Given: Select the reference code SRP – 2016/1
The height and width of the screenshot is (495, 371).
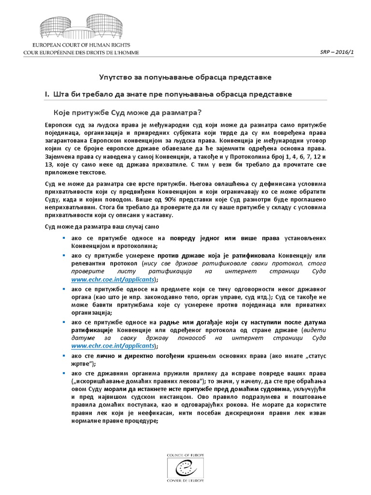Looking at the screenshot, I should [338, 51].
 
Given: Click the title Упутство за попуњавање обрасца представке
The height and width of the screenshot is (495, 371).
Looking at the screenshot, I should [185, 77].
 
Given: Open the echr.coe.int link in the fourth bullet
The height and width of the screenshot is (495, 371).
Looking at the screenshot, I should [114, 346].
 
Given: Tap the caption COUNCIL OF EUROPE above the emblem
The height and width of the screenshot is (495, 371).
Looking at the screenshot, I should [185, 455].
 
